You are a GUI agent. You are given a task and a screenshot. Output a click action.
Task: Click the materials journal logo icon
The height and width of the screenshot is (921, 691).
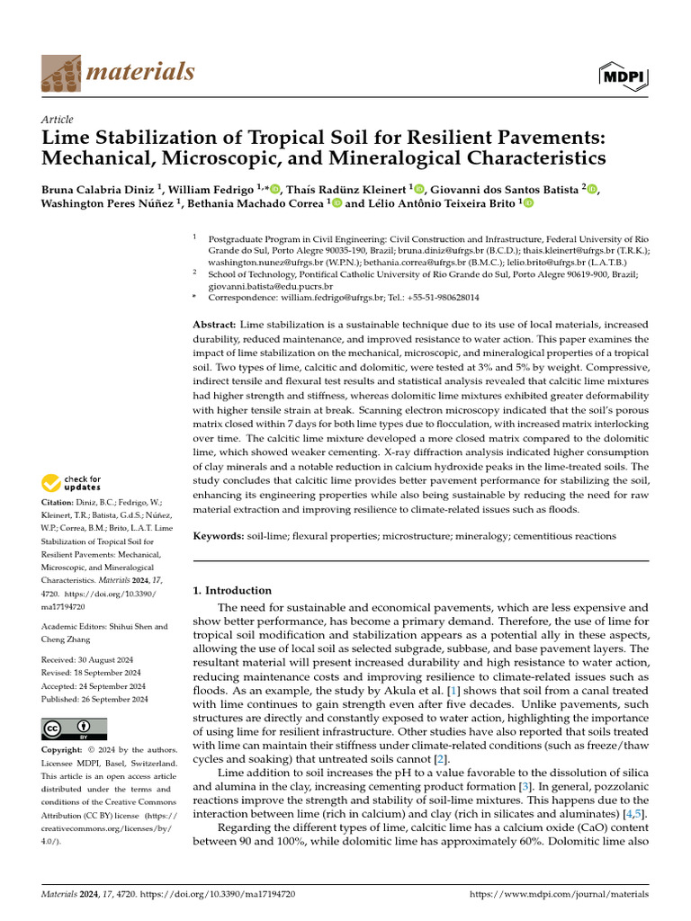60,71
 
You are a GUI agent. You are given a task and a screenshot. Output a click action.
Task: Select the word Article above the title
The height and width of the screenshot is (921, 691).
58,119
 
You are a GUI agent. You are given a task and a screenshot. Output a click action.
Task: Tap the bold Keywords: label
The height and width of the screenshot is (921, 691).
220,536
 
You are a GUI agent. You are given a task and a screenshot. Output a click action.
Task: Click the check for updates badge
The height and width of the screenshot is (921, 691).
72,483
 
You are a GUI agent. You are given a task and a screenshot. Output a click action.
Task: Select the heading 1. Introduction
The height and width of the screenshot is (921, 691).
233,590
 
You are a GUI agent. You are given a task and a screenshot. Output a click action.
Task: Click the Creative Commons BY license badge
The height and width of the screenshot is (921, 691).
74,728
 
